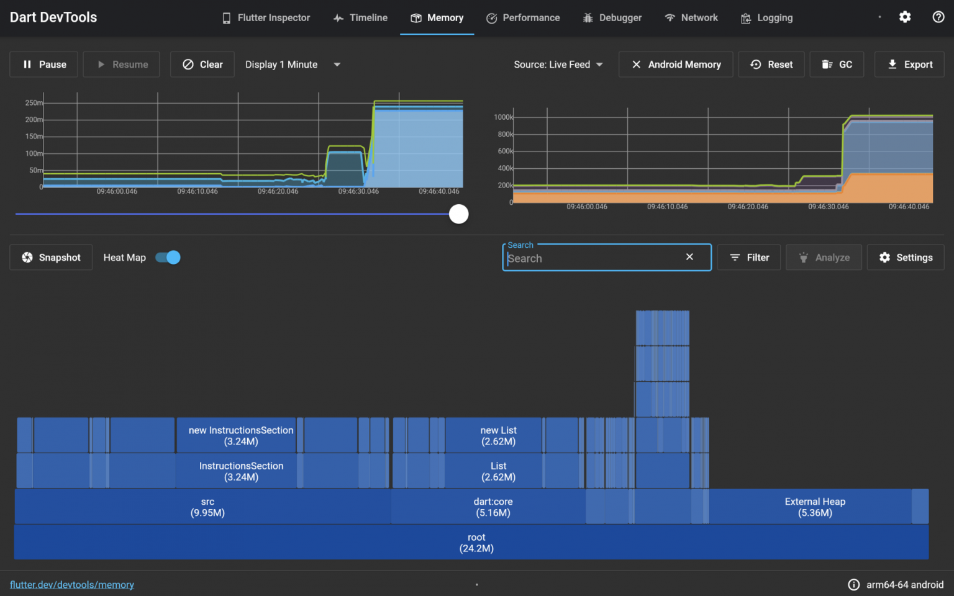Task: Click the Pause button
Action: click(44, 65)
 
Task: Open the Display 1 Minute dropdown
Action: click(293, 65)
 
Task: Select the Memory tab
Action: click(437, 18)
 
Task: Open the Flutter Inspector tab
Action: click(266, 18)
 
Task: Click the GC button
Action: click(837, 65)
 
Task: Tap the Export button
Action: click(909, 65)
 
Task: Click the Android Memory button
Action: click(676, 65)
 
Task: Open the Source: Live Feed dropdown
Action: click(558, 65)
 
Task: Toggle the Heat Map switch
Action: click(168, 258)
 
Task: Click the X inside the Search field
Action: click(689, 257)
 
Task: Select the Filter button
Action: click(750, 258)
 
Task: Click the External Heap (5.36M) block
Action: click(815, 507)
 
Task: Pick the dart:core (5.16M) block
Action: click(493, 507)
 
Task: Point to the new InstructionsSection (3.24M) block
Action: click(241, 436)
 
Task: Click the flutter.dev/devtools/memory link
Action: click(72, 585)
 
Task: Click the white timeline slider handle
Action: click(459, 214)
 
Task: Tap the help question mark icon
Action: click(938, 17)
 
